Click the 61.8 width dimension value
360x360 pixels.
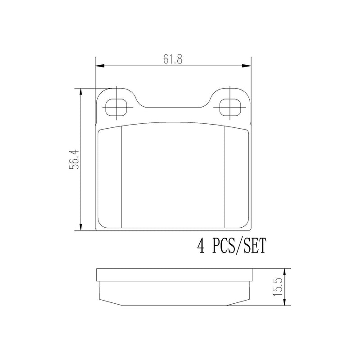click(x=173, y=59)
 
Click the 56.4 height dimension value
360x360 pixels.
click(x=74, y=160)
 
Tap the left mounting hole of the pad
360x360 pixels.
click(x=117, y=107)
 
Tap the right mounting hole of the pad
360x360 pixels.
click(x=230, y=107)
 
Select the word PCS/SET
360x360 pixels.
click(x=239, y=246)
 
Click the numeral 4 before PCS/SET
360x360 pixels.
click(x=201, y=246)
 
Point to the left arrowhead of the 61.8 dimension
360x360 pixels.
click(x=100, y=66)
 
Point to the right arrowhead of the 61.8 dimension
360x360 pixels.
click(x=246, y=66)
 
